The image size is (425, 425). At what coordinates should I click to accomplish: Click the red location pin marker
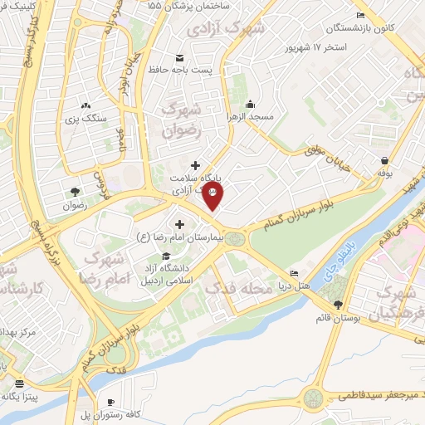213,198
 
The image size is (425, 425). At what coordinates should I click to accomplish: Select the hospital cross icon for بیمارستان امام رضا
179,224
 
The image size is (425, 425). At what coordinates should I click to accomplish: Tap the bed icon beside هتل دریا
293,273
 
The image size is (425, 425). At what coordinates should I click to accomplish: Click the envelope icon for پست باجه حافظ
180,57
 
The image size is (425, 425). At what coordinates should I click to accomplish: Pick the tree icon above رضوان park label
76,190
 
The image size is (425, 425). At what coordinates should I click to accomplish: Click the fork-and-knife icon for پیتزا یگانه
18,384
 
